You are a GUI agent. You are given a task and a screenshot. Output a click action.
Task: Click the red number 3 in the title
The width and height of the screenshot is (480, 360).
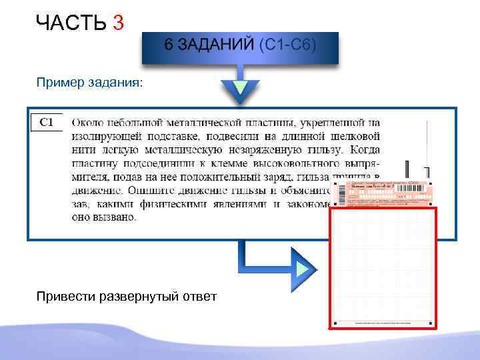coord(119,23)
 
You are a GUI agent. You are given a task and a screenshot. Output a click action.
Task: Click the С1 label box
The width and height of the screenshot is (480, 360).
coord(47,122)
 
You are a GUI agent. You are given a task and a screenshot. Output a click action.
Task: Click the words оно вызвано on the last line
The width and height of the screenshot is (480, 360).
coord(103,217)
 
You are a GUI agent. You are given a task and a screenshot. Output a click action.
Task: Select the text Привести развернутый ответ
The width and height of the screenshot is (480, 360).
coord(126,296)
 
